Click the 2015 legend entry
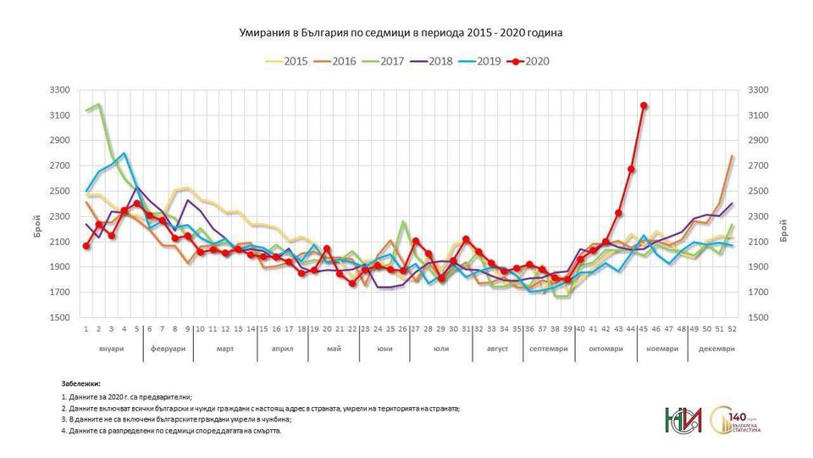pos(285,60)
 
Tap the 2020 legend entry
pos(527,60)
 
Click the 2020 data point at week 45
pos(644,105)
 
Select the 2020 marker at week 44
pos(631,169)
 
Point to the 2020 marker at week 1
pos(86,246)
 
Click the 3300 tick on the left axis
pos(58,89)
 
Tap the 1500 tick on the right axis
pos(757,318)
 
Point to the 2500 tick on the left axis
pos(58,191)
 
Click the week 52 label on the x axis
pos(732,328)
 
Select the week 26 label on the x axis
pos(403,328)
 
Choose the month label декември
pos(716,348)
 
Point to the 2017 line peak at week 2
pos(99,105)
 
